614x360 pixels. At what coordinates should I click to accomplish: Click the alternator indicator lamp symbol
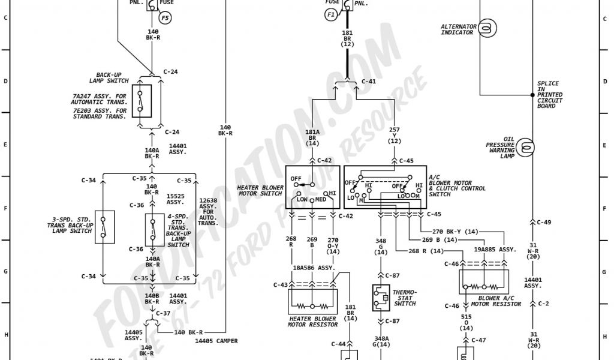(x=487, y=27)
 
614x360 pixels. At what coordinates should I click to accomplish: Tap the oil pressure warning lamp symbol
(x=525, y=146)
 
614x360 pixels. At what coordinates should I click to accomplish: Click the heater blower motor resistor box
(x=312, y=302)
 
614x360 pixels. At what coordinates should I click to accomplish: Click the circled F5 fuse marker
(x=165, y=19)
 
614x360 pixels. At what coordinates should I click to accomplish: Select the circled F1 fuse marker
(x=331, y=16)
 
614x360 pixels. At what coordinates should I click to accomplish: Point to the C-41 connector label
(x=369, y=81)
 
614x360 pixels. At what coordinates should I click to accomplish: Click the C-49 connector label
(x=544, y=222)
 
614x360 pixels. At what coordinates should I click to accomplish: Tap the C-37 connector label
(x=163, y=313)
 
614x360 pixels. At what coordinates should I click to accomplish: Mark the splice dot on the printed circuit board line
(x=532, y=95)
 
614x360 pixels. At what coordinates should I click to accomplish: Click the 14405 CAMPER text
(x=216, y=341)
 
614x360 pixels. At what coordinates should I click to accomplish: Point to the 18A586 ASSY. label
(x=313, y=268)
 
